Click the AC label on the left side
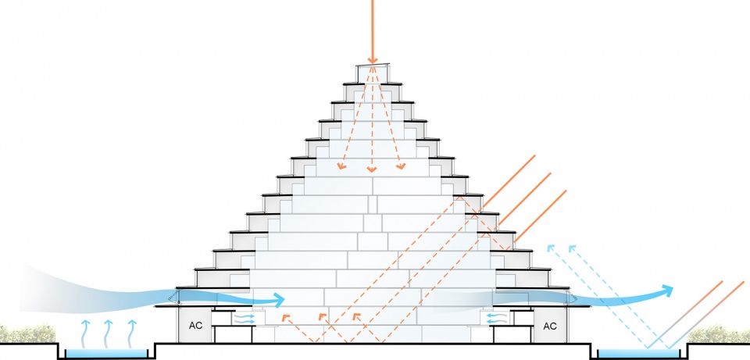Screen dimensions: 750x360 point(195,326)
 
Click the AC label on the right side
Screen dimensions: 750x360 point(550,326)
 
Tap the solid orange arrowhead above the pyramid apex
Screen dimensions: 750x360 point(372,60)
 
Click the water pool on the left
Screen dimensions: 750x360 point(106,353)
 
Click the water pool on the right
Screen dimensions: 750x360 point(638,353)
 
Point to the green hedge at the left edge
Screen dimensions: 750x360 point(27,333)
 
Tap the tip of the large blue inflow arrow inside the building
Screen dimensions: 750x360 point(284,300)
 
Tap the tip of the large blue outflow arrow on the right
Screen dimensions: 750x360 point(673,288)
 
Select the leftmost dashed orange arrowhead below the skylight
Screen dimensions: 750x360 point(341,166)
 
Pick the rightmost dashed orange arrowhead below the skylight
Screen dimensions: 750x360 point(401,166)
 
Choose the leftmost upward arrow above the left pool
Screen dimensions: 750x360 point(85,333)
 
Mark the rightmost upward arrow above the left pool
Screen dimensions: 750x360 point(131,333)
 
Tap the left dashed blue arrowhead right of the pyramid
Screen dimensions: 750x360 point(551,248)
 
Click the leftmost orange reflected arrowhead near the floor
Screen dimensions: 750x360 point(286,318)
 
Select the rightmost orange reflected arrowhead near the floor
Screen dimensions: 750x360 point(356,316)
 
